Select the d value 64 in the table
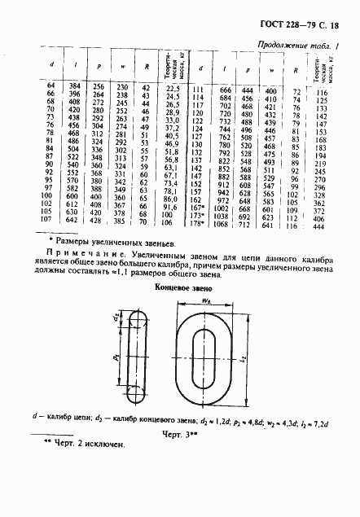coord(51,86)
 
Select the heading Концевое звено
coord(179,288)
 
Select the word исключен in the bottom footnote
coord(101,445)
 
